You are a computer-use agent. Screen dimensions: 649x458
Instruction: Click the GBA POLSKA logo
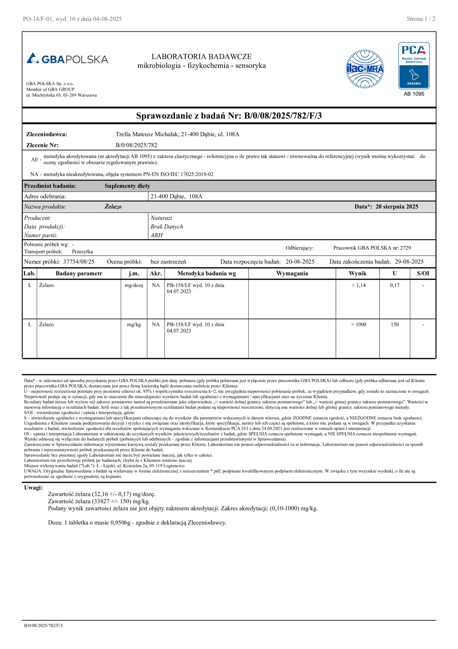tap(67, 59)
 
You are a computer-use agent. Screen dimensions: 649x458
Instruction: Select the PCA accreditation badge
tap(414, 66)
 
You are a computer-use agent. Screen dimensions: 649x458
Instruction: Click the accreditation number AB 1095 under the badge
tap(414, 94)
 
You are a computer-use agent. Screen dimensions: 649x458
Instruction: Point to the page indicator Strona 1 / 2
tap(421, 19)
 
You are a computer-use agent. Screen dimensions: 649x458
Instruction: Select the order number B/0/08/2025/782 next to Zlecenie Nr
tap(136, 145)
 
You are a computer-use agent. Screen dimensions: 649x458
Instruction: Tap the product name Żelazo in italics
tap(113, 207)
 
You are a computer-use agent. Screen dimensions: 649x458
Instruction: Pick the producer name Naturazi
tap(161, 218)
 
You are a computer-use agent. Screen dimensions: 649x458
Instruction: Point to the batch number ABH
tap(156, 235)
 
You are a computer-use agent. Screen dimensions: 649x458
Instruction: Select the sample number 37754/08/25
tap(78, 262)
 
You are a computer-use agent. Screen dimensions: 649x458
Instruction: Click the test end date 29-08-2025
tap(409, 262)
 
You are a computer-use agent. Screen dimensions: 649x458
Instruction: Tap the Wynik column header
tap(357, 273)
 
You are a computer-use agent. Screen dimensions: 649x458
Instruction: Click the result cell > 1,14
tap(358, 285)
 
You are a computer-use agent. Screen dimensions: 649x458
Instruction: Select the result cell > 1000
tap(358, 324)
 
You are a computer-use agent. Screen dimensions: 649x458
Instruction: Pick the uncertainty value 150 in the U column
tap(394, 324)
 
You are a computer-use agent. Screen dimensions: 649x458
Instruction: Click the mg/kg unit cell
tap(134, 324)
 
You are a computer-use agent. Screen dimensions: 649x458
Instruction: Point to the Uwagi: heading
tap(33, 488)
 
